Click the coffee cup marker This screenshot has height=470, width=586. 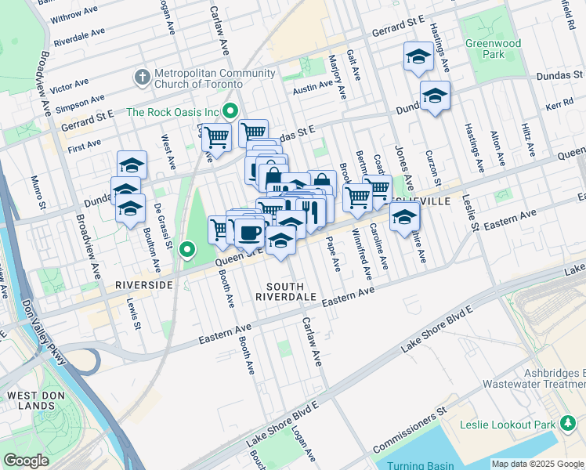point(250,233)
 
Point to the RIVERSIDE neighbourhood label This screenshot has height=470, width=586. point(143,285)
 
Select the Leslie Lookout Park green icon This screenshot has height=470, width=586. point(568,425)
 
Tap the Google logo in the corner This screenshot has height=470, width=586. point(26,460)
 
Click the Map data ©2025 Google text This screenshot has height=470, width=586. point(537,464)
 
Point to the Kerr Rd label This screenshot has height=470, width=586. point(559,103)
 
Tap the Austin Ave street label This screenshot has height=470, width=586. point(313,89)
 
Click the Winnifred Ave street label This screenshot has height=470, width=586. point(364,253)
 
